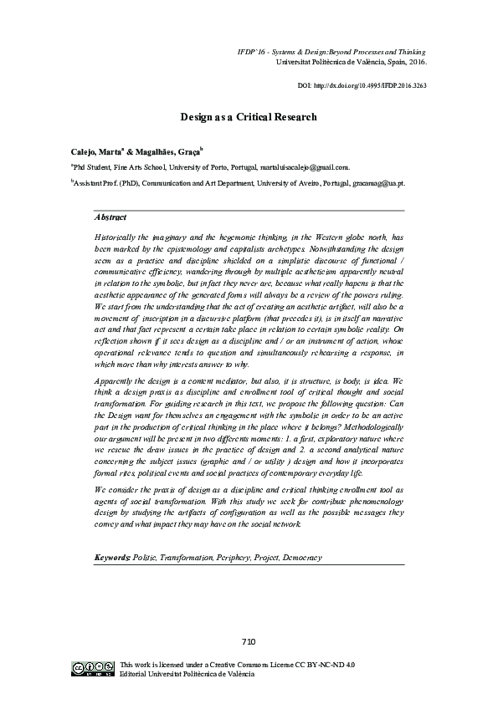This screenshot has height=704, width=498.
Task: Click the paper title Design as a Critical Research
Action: pyautogui.click(x=249, y=117)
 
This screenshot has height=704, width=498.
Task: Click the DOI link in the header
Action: pyautogui.click(x=362, y=86)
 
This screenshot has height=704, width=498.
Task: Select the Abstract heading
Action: pyautogui.click(x=110, y=217)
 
